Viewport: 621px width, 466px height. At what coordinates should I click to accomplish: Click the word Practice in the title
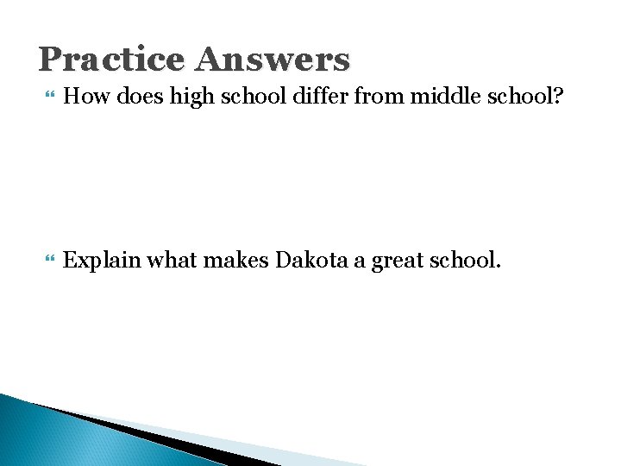[x=112, y=60]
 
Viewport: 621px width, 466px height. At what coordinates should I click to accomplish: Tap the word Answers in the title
[x=273, y=60]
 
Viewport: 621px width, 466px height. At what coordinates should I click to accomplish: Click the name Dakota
[x=311, y=260]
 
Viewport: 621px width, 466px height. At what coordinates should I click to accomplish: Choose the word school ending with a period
[x=464, y=260]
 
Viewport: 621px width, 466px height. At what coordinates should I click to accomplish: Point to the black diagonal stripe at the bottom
[x=155, y=437]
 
